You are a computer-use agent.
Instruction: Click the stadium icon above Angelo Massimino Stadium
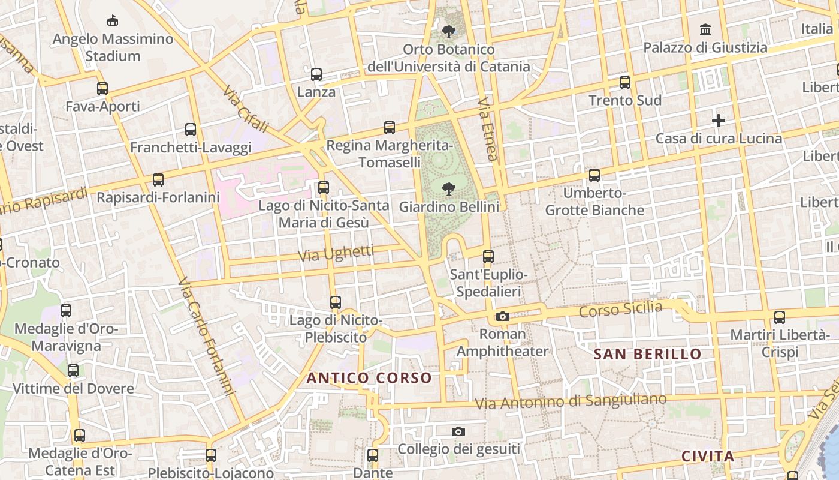112,21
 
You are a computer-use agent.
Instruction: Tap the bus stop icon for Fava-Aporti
102,89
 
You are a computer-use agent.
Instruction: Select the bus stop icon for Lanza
316,74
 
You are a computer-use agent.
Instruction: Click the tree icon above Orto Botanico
448,31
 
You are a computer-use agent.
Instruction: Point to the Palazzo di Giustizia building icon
705,29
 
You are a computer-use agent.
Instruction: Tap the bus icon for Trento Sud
625,83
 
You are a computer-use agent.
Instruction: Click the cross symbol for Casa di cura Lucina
718,121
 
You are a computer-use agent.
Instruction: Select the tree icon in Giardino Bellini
448,189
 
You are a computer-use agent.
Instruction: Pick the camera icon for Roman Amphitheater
502,316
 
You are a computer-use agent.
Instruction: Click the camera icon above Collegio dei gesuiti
458,431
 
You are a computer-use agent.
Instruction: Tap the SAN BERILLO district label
647,354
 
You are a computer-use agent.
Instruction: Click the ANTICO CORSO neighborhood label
369,378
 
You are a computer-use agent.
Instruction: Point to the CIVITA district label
708,457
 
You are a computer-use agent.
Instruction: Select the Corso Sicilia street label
621,310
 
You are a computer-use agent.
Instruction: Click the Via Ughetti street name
336,254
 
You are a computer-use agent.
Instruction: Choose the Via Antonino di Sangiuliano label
571,401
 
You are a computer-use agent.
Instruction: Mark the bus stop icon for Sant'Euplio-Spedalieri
488,257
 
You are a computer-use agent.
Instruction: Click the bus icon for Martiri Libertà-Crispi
779,317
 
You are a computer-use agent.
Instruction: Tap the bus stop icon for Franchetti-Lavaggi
191,129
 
